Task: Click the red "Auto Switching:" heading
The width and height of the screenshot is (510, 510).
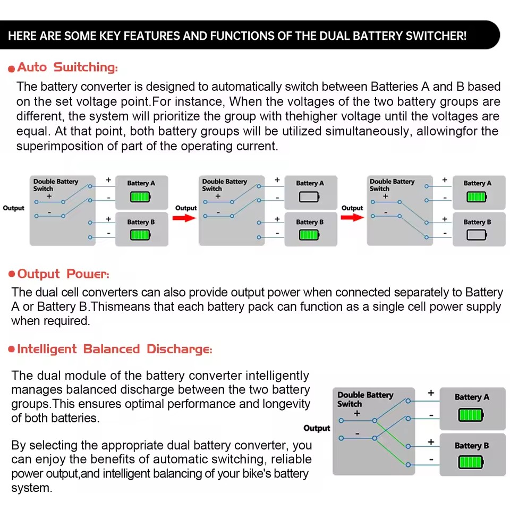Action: pos(67,67)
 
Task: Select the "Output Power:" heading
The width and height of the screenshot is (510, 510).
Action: pos(63,274)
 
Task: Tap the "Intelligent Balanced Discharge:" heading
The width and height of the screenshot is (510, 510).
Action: pos(115,350)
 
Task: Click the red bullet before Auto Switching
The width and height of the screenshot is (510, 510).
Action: pos(11,69)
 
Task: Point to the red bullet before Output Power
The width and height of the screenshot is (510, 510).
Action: pos(12,274)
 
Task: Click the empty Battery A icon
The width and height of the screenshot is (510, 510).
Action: pos(309,197)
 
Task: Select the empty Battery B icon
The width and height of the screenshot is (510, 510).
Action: pos(477,235)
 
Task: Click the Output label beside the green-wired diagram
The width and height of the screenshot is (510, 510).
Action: pos(317,428)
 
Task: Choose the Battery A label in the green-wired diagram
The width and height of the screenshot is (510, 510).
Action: pos(472,397)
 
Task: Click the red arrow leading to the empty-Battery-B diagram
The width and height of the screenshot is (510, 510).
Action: pos(352,217)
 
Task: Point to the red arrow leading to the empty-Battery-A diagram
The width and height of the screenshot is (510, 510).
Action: pos(184,217)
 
